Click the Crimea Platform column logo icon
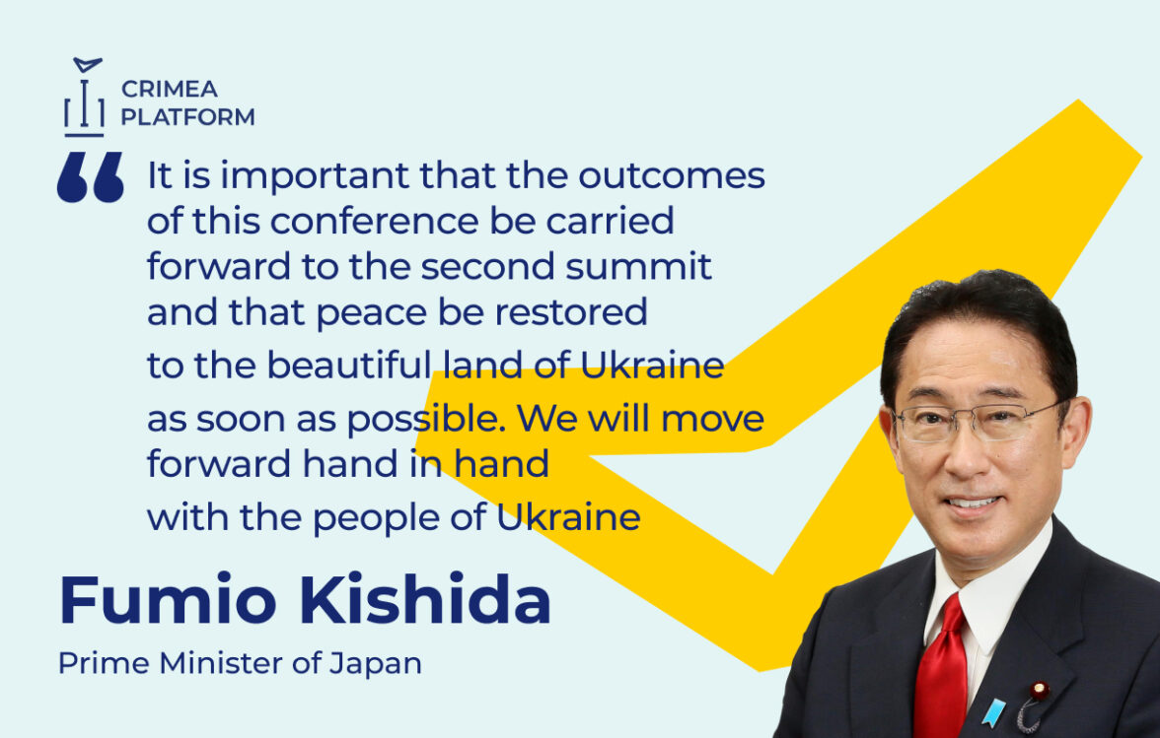84,98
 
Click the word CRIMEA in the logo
170,90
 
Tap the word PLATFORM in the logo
187,116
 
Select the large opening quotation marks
91,177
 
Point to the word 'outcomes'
672,175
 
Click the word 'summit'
638,267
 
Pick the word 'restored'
571,311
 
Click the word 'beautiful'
348,365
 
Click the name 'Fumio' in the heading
168,599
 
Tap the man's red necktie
940,669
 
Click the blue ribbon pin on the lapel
992,712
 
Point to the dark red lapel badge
1040,692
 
